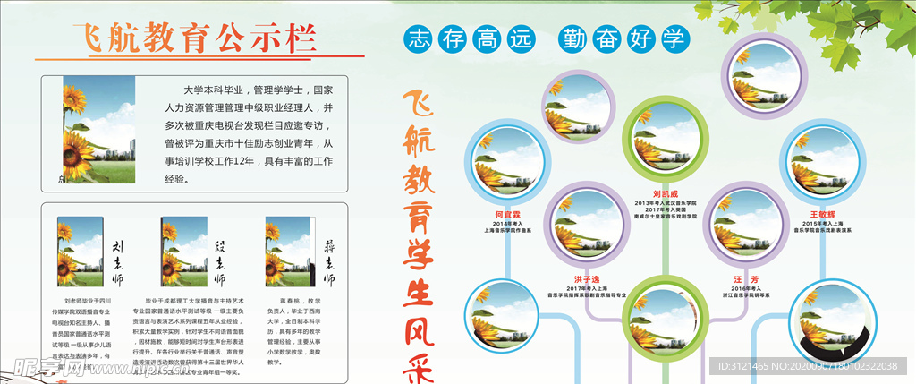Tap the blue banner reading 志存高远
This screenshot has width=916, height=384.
click(470, 38)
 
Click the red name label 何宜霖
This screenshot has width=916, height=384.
click(506, 215)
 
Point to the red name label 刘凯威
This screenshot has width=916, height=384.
click(666, 192)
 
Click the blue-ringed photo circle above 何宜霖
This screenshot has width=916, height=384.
click(508, 165)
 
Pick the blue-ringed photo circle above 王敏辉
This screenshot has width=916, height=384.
click(821, 165)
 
